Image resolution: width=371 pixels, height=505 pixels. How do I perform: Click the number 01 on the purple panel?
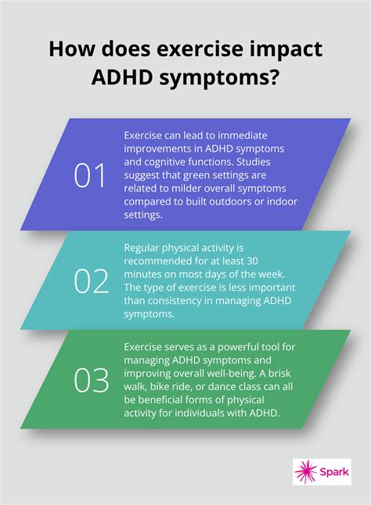[x=89, y=176]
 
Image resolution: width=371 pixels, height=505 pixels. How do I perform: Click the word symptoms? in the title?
[x=235, y=81]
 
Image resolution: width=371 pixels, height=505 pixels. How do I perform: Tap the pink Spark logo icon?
[x=305, y=471]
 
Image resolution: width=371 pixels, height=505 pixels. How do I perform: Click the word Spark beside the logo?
[x=334, y=472]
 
